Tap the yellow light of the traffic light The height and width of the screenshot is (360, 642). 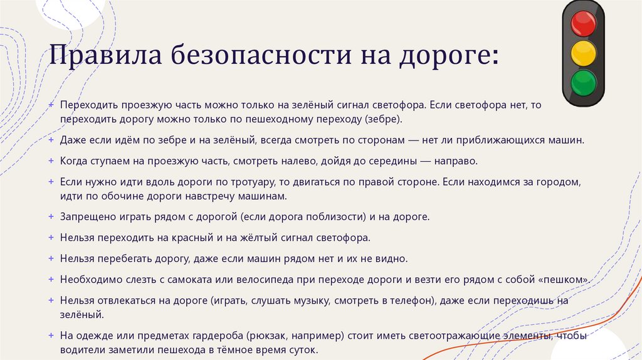tap(583, 53)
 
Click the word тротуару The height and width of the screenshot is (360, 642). tap(238, 183)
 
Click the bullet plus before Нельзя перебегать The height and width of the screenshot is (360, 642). tap(51, 258)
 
